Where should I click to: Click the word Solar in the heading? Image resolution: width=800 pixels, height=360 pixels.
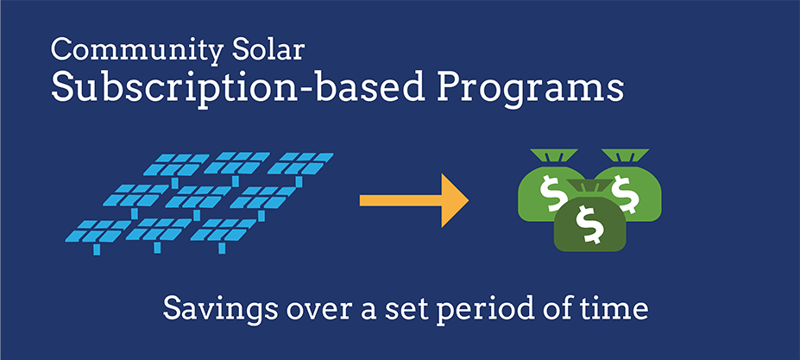(268, 49)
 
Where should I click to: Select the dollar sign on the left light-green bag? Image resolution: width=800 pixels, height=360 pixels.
(551, 193)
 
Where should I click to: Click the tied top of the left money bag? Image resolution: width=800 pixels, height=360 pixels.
(553, 155)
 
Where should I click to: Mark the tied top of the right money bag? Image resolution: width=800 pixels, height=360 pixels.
(625, 155)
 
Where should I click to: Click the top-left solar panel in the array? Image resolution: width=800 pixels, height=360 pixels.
(176, 165)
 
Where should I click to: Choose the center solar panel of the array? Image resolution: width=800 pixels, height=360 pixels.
(198, 198)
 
